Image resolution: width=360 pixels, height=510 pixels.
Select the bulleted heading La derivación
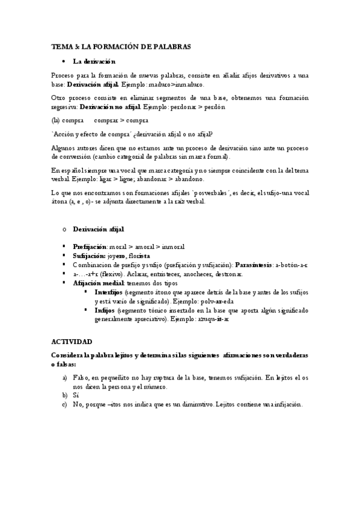point(94,61)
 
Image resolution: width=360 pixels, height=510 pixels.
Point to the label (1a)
point(58,120)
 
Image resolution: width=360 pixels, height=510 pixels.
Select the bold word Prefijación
point(90,247)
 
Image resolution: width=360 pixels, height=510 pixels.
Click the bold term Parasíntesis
point(254,265)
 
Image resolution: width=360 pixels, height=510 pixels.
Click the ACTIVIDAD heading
point(72,341)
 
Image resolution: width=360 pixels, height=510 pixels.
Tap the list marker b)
point(65,396)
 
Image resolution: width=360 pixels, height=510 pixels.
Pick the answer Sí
point(75,396)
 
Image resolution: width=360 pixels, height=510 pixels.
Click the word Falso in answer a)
point(82,377)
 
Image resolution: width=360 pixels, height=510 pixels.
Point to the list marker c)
point(65,405)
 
